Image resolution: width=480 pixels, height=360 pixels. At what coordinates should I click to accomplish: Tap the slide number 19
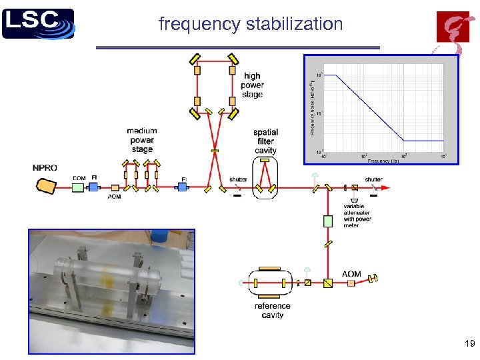click(469, 344)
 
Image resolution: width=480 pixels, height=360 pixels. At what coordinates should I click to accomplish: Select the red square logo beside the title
click(453, 27)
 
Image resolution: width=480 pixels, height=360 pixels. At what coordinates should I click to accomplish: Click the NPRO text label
click(45, 168)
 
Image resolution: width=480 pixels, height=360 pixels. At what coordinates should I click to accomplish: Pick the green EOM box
click(78, 188)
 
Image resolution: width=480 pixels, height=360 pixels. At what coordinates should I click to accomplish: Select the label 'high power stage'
click(252, 85)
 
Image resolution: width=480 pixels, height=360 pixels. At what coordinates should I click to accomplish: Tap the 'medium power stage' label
click(141, 140)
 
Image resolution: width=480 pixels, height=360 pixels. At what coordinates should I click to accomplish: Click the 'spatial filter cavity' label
click(265, 141)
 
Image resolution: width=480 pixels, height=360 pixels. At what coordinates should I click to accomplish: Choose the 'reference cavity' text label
click(273, 311)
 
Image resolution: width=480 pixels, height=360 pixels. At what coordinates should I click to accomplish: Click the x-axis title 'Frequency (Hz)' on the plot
click(383, 161)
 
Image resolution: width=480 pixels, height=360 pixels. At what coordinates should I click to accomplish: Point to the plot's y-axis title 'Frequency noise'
click(312, 107)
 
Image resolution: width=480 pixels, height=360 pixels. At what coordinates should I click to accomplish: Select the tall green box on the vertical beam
click(327, 221)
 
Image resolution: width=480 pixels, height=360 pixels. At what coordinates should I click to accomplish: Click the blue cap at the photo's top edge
click(158, 235)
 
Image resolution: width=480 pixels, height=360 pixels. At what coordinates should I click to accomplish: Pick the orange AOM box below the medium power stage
click(115, 188)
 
